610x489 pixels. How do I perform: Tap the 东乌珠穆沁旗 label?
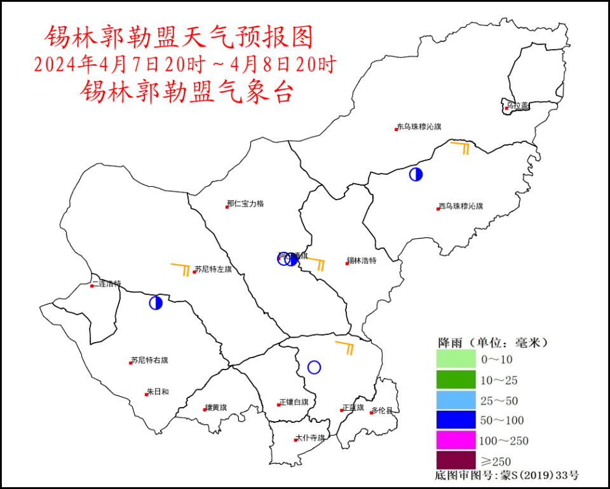419,127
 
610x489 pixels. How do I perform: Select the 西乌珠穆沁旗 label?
461,206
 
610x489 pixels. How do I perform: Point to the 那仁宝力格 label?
245,204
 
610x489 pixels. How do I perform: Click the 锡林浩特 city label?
362,261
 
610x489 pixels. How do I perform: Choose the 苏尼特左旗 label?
213,270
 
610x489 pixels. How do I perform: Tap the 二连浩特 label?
106,284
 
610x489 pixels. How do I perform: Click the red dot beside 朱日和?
146,394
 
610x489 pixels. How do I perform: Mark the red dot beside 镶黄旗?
205,410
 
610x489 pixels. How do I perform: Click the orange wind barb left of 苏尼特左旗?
180,268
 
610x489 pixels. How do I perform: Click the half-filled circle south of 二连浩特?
156,303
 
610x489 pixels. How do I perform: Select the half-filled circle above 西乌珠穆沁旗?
416,174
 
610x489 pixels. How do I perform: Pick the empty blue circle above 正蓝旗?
314,367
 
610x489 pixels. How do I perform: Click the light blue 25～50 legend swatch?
456,400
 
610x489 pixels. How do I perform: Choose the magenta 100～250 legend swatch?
456,440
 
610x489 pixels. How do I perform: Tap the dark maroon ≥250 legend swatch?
456,460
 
